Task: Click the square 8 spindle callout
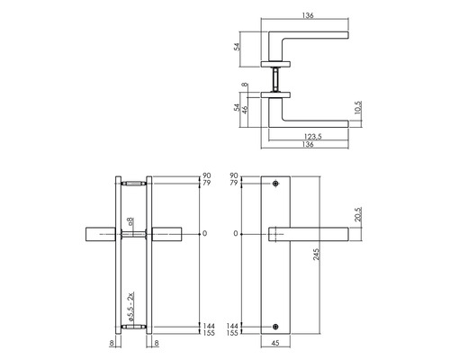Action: tap(131, 220)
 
